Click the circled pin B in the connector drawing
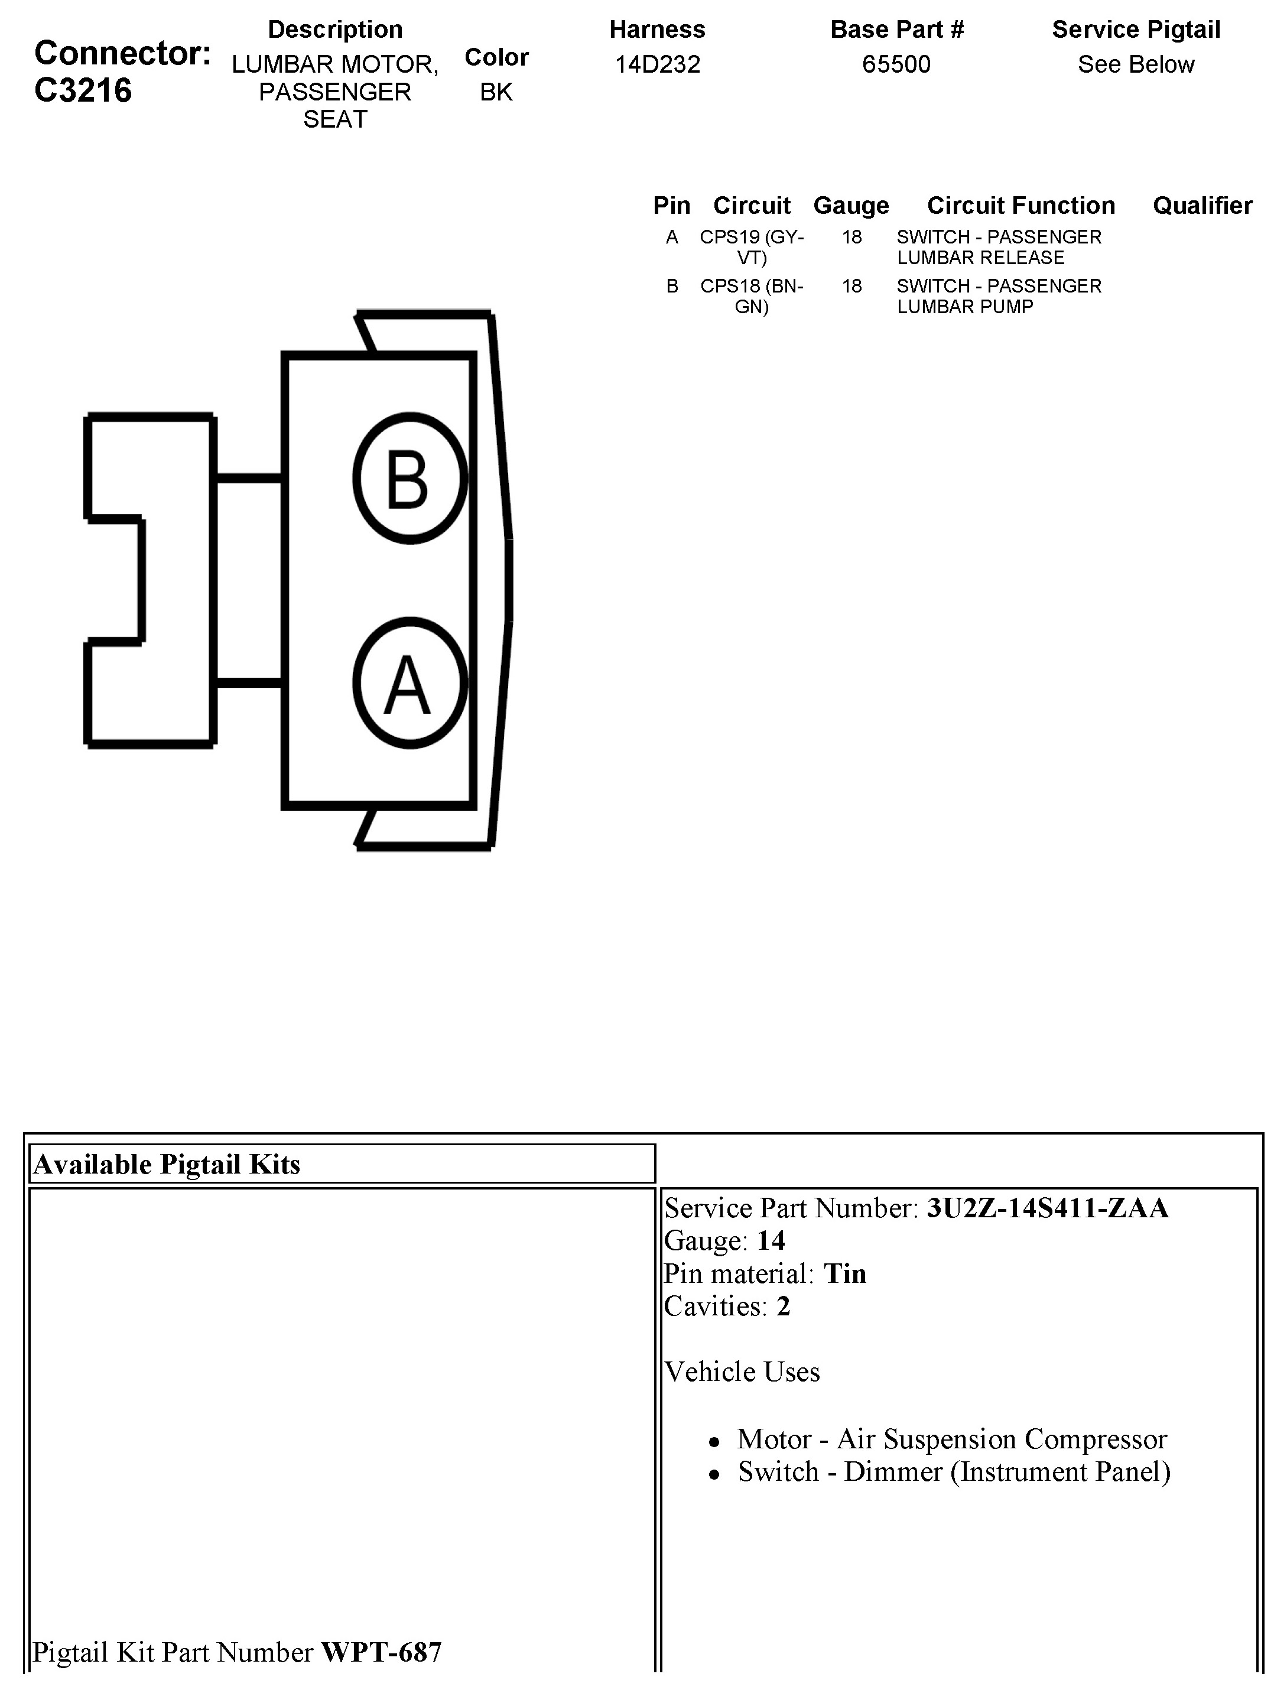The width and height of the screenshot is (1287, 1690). (410, 478)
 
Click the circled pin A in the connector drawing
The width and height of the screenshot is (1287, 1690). (410, 682)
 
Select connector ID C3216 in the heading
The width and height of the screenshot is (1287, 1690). (83, 90)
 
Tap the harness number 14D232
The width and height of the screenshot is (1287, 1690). (657, 64)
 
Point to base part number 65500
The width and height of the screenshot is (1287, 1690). (896, 64)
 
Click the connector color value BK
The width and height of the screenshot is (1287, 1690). (496, 92)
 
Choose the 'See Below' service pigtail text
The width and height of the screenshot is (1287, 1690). (1135, 64)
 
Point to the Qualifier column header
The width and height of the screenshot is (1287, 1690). (1202, 205)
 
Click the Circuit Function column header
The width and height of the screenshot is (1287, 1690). (1020, 205)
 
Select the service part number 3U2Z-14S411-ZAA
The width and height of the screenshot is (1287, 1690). (1047, 1208)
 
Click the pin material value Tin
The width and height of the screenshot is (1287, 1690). (844, 1273)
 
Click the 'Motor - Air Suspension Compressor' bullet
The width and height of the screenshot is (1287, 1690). (951, 1439)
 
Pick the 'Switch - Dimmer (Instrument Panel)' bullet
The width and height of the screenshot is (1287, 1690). (954, 1472)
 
